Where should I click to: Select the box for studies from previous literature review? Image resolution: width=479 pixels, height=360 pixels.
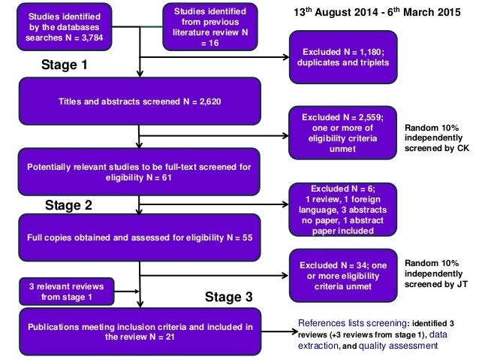click(210, 26)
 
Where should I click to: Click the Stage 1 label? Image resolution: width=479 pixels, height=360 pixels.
click(65, 65)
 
